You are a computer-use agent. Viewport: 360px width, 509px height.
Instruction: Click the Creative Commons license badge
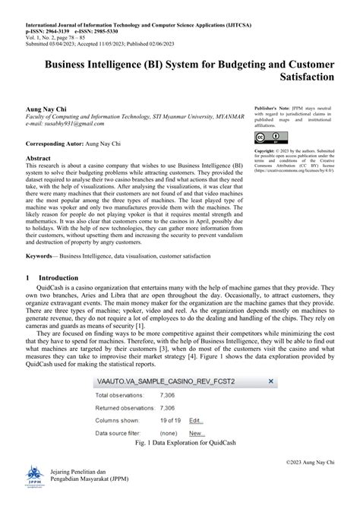click(x=266, y=138)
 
